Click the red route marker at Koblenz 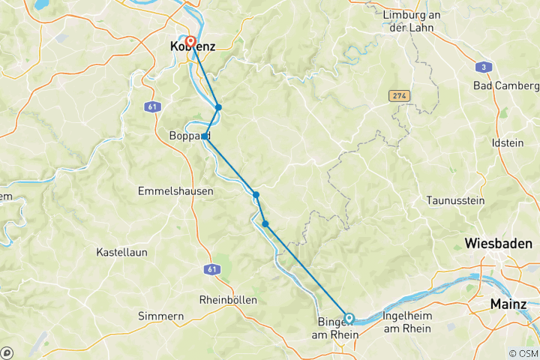tap(190, 42)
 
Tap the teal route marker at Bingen tap(349, 318)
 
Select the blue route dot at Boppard tap(205, 136)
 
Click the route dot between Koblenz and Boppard tap(218, 107)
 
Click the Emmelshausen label tap(175, 191)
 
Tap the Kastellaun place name tap(121, 253)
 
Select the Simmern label tap(161, 316)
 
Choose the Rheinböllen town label tap(228, 299)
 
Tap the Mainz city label tap(510, 304)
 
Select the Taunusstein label tap(455, 200)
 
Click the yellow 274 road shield tap(399, 96)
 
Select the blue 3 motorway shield tap(485, 67)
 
